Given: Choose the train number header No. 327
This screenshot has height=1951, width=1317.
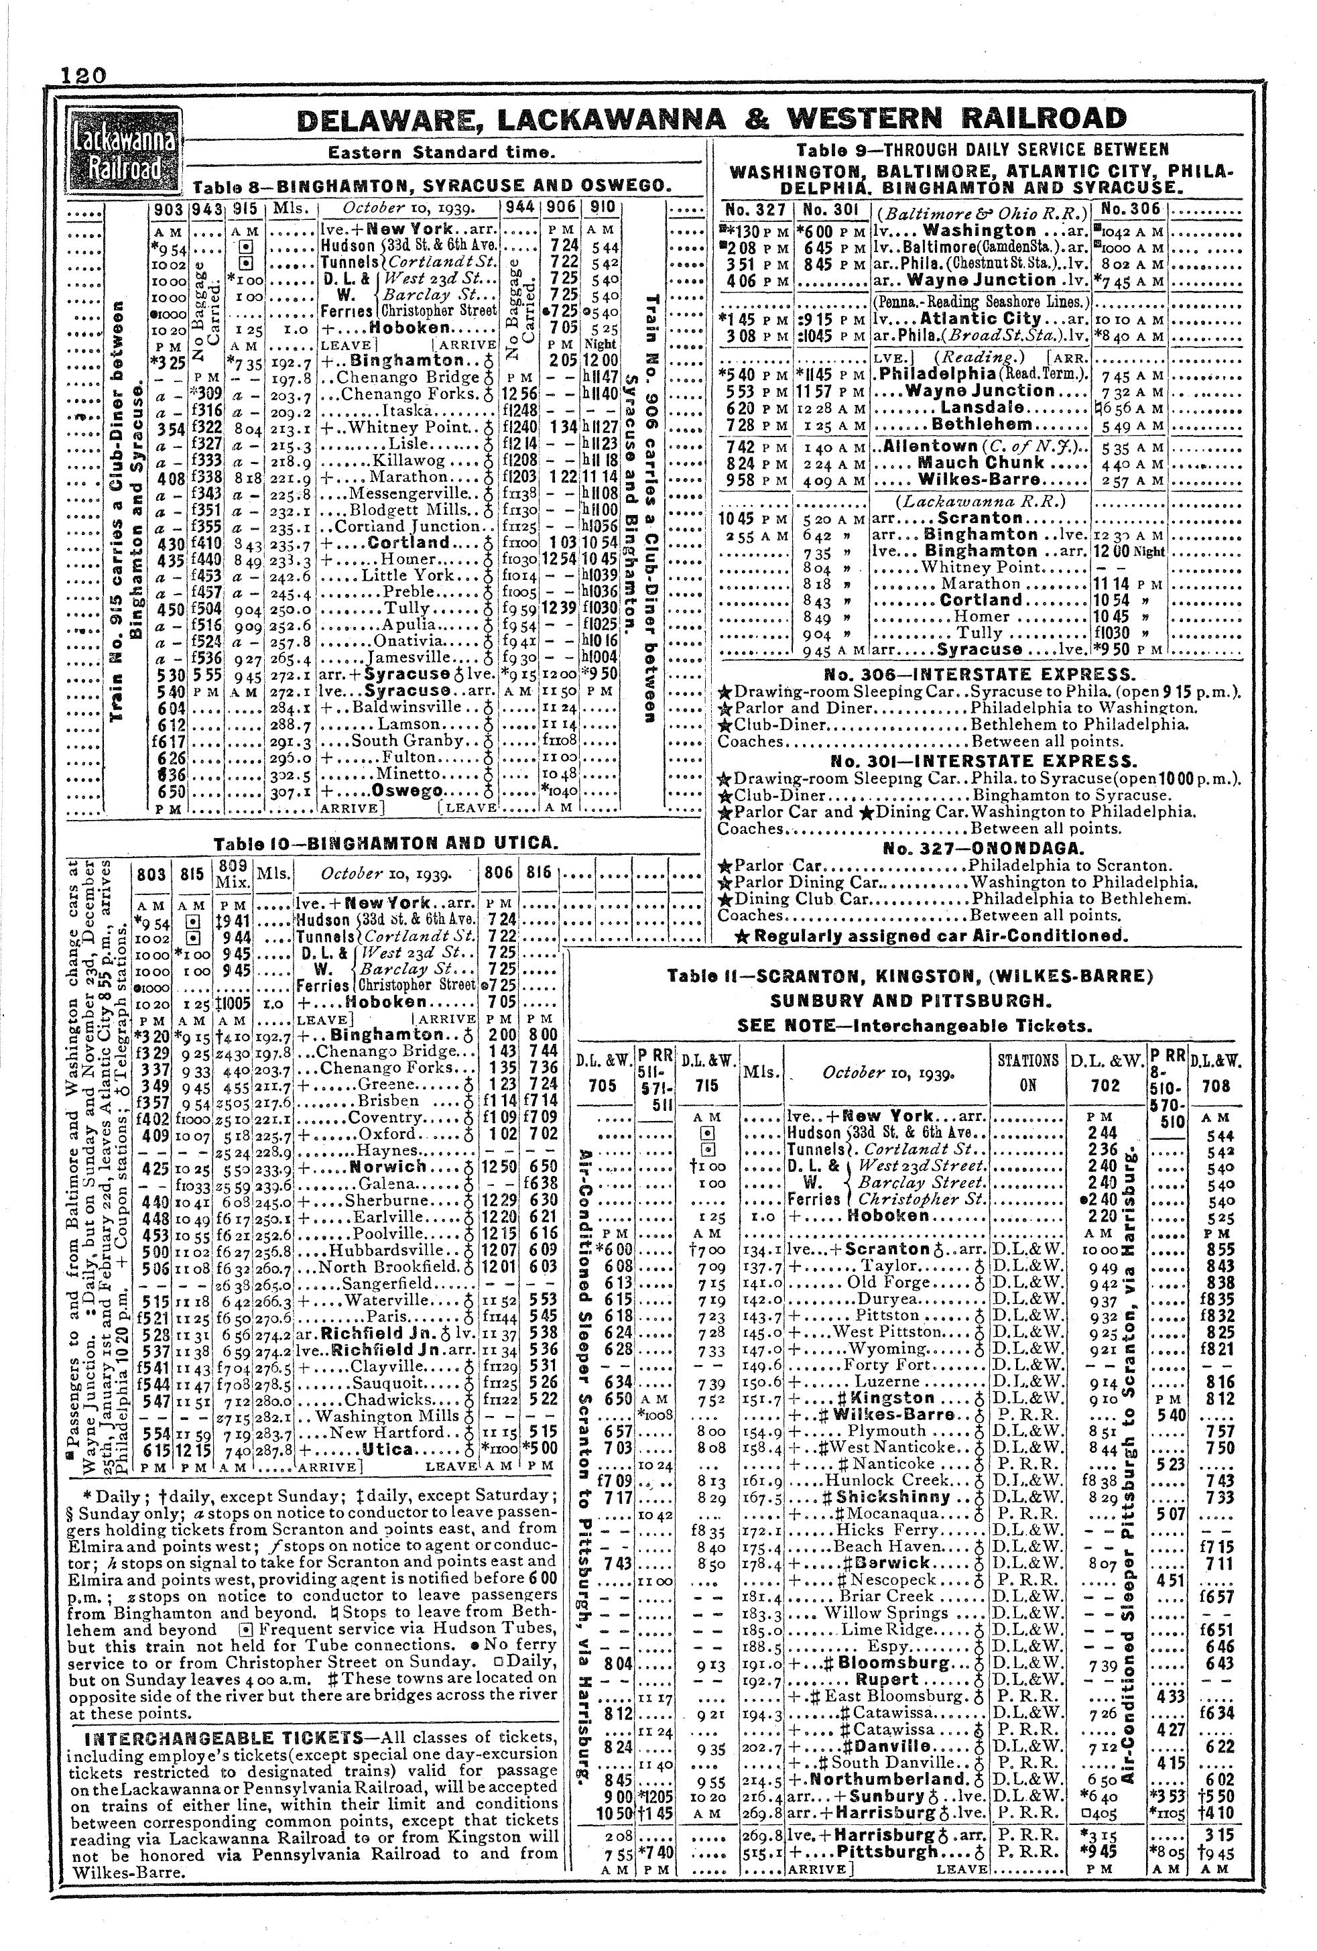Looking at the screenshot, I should (x=755, y=210).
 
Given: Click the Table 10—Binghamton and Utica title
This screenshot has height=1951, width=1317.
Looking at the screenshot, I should (x=385, y=843).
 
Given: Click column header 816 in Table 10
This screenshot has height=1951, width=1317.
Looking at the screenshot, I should (x=538, y=874).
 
